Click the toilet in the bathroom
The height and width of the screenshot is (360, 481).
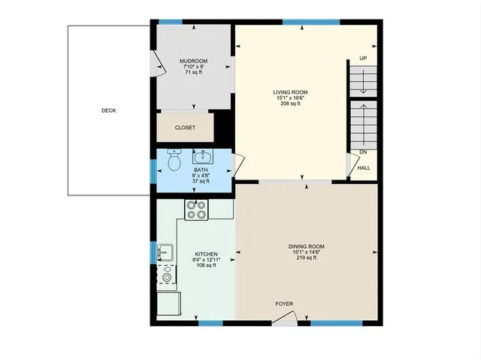[x=174, y=161]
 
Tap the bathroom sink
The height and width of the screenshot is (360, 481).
[x=201, y=157]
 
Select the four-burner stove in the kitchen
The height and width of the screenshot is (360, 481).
[x=196, y=210]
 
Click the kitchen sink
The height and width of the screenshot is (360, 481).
[x=166, y=253]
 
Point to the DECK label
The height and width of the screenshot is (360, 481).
[x=109, y=110]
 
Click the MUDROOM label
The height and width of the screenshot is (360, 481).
[x=193, y=61]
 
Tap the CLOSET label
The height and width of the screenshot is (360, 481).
[x=185, y=128]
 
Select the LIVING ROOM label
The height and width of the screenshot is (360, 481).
[x=290, y=92]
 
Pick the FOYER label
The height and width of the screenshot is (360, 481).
[x=284, y=304]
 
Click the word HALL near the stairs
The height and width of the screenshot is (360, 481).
[x=364, y=168]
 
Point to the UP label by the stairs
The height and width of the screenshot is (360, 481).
[x=363, y=59]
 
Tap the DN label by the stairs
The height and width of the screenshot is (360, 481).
[x=363, y=152]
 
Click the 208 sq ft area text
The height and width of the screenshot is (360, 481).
[x=290, y=104]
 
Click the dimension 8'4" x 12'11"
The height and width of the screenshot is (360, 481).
[x=206, y=259]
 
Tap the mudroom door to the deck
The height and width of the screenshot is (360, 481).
[x=159, y=65]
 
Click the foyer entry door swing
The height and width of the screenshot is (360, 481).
[x=283, y=320]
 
